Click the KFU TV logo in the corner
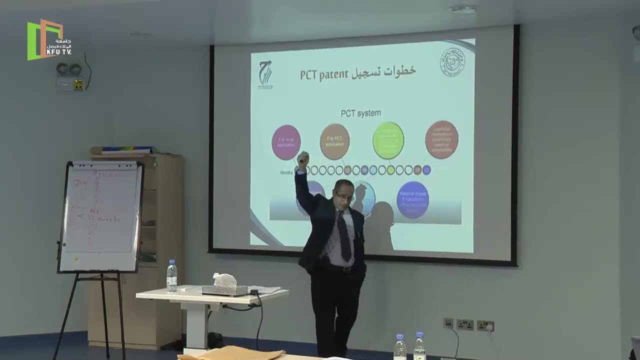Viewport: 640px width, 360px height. pyautogui.click(x=49, y=39)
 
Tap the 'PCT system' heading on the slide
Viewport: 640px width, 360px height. pyautogui.click(x=360, y=113)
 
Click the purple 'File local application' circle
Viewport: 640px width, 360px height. pyautogui.click(x=286, y=142)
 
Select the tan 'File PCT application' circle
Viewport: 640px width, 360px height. pyautogui.click(x=334, y=141)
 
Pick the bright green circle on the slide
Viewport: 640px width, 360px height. pyautogui.click(x=388, y=140)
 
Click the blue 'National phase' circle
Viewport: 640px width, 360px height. pyautogui.click(x=412, y=200)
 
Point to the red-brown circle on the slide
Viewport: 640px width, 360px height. pyautogui.click(x=441, y=139)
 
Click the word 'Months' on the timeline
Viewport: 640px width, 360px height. pyautogui.click(x=287, y=171)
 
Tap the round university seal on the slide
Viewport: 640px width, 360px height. pyautogui.click(x=452, y=61)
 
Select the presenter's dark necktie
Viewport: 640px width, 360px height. pyautogui.click(x=344, y=231)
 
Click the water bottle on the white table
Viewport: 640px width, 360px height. pyautogui.click(x=171, y=276)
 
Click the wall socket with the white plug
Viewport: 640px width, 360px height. pyautogui.click(x=485, y=326)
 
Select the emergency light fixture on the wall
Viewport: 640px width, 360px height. pyautogui.click(x=69, y=76)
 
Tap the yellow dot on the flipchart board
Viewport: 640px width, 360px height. pyautogui.click(x=75, y=259)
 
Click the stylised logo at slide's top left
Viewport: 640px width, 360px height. pyautogui.click(x=265, y=73)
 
